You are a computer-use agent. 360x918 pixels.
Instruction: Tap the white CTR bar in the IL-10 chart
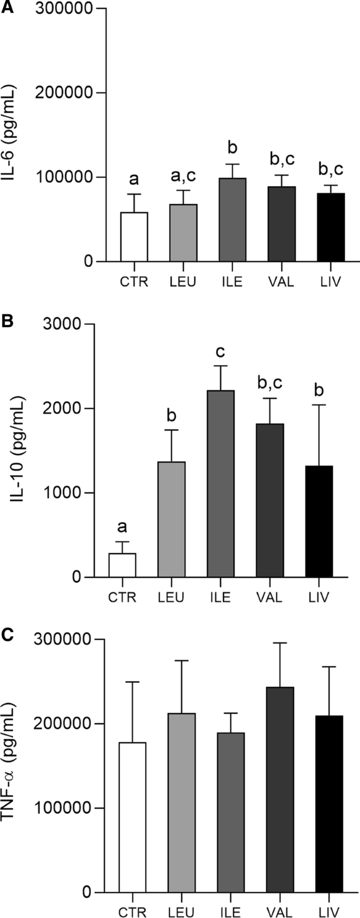point(122,565)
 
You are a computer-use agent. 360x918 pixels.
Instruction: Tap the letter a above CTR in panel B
point(122,527)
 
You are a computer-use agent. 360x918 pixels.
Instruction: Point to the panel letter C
point(7,635)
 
